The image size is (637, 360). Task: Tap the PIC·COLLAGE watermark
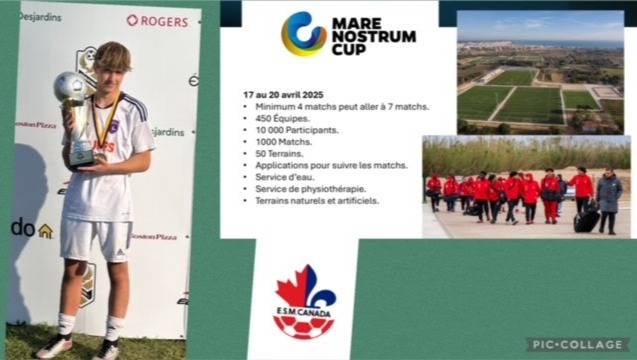click(579, 344)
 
